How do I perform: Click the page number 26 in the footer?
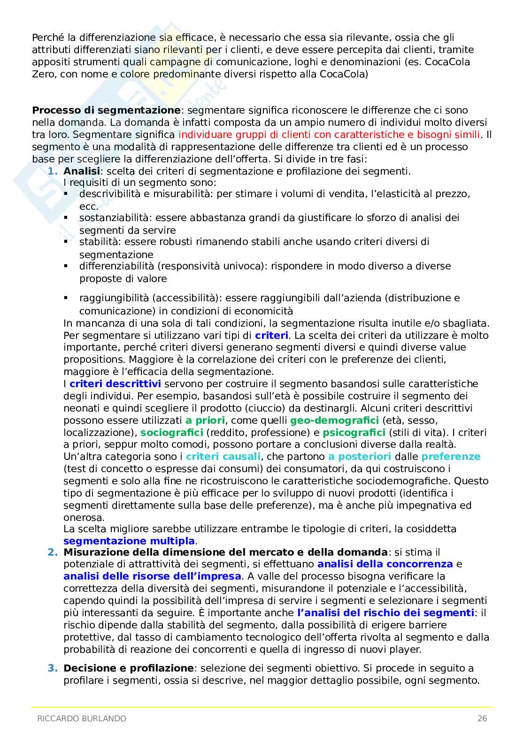(x=482, y=718)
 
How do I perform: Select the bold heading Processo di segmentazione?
(x=106, y=110)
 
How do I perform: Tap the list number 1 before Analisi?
(x=53, y=171)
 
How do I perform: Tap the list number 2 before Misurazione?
(x=53, y=552)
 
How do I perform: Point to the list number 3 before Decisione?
(x=53, y=668)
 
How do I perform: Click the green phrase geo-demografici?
(x=334, y=420)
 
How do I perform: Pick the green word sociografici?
(x=172, y=433)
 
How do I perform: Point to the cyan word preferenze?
(x=451, y=457)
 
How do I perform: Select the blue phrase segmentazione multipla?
(x=129, y=541)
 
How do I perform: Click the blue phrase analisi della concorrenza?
(x=385, y=564)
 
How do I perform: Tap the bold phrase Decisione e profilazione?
(x=128, y=668)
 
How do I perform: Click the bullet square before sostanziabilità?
(x=66, y=218)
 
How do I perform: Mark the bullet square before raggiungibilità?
(x=66, y=298)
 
